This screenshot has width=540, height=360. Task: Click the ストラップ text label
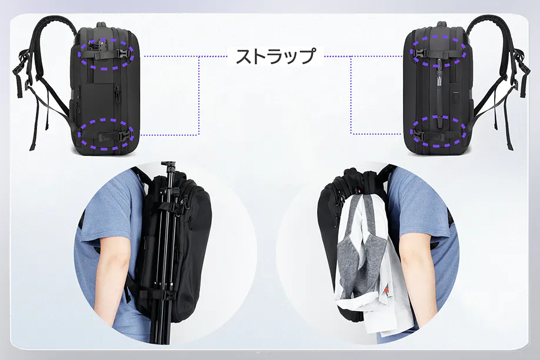click(x=275, y=56)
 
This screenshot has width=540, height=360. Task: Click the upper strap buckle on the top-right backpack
click(x=419, y=52)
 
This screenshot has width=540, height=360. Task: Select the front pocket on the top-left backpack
click(x=97, y=99)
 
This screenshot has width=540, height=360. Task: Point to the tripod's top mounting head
click(x=168, y=165)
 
